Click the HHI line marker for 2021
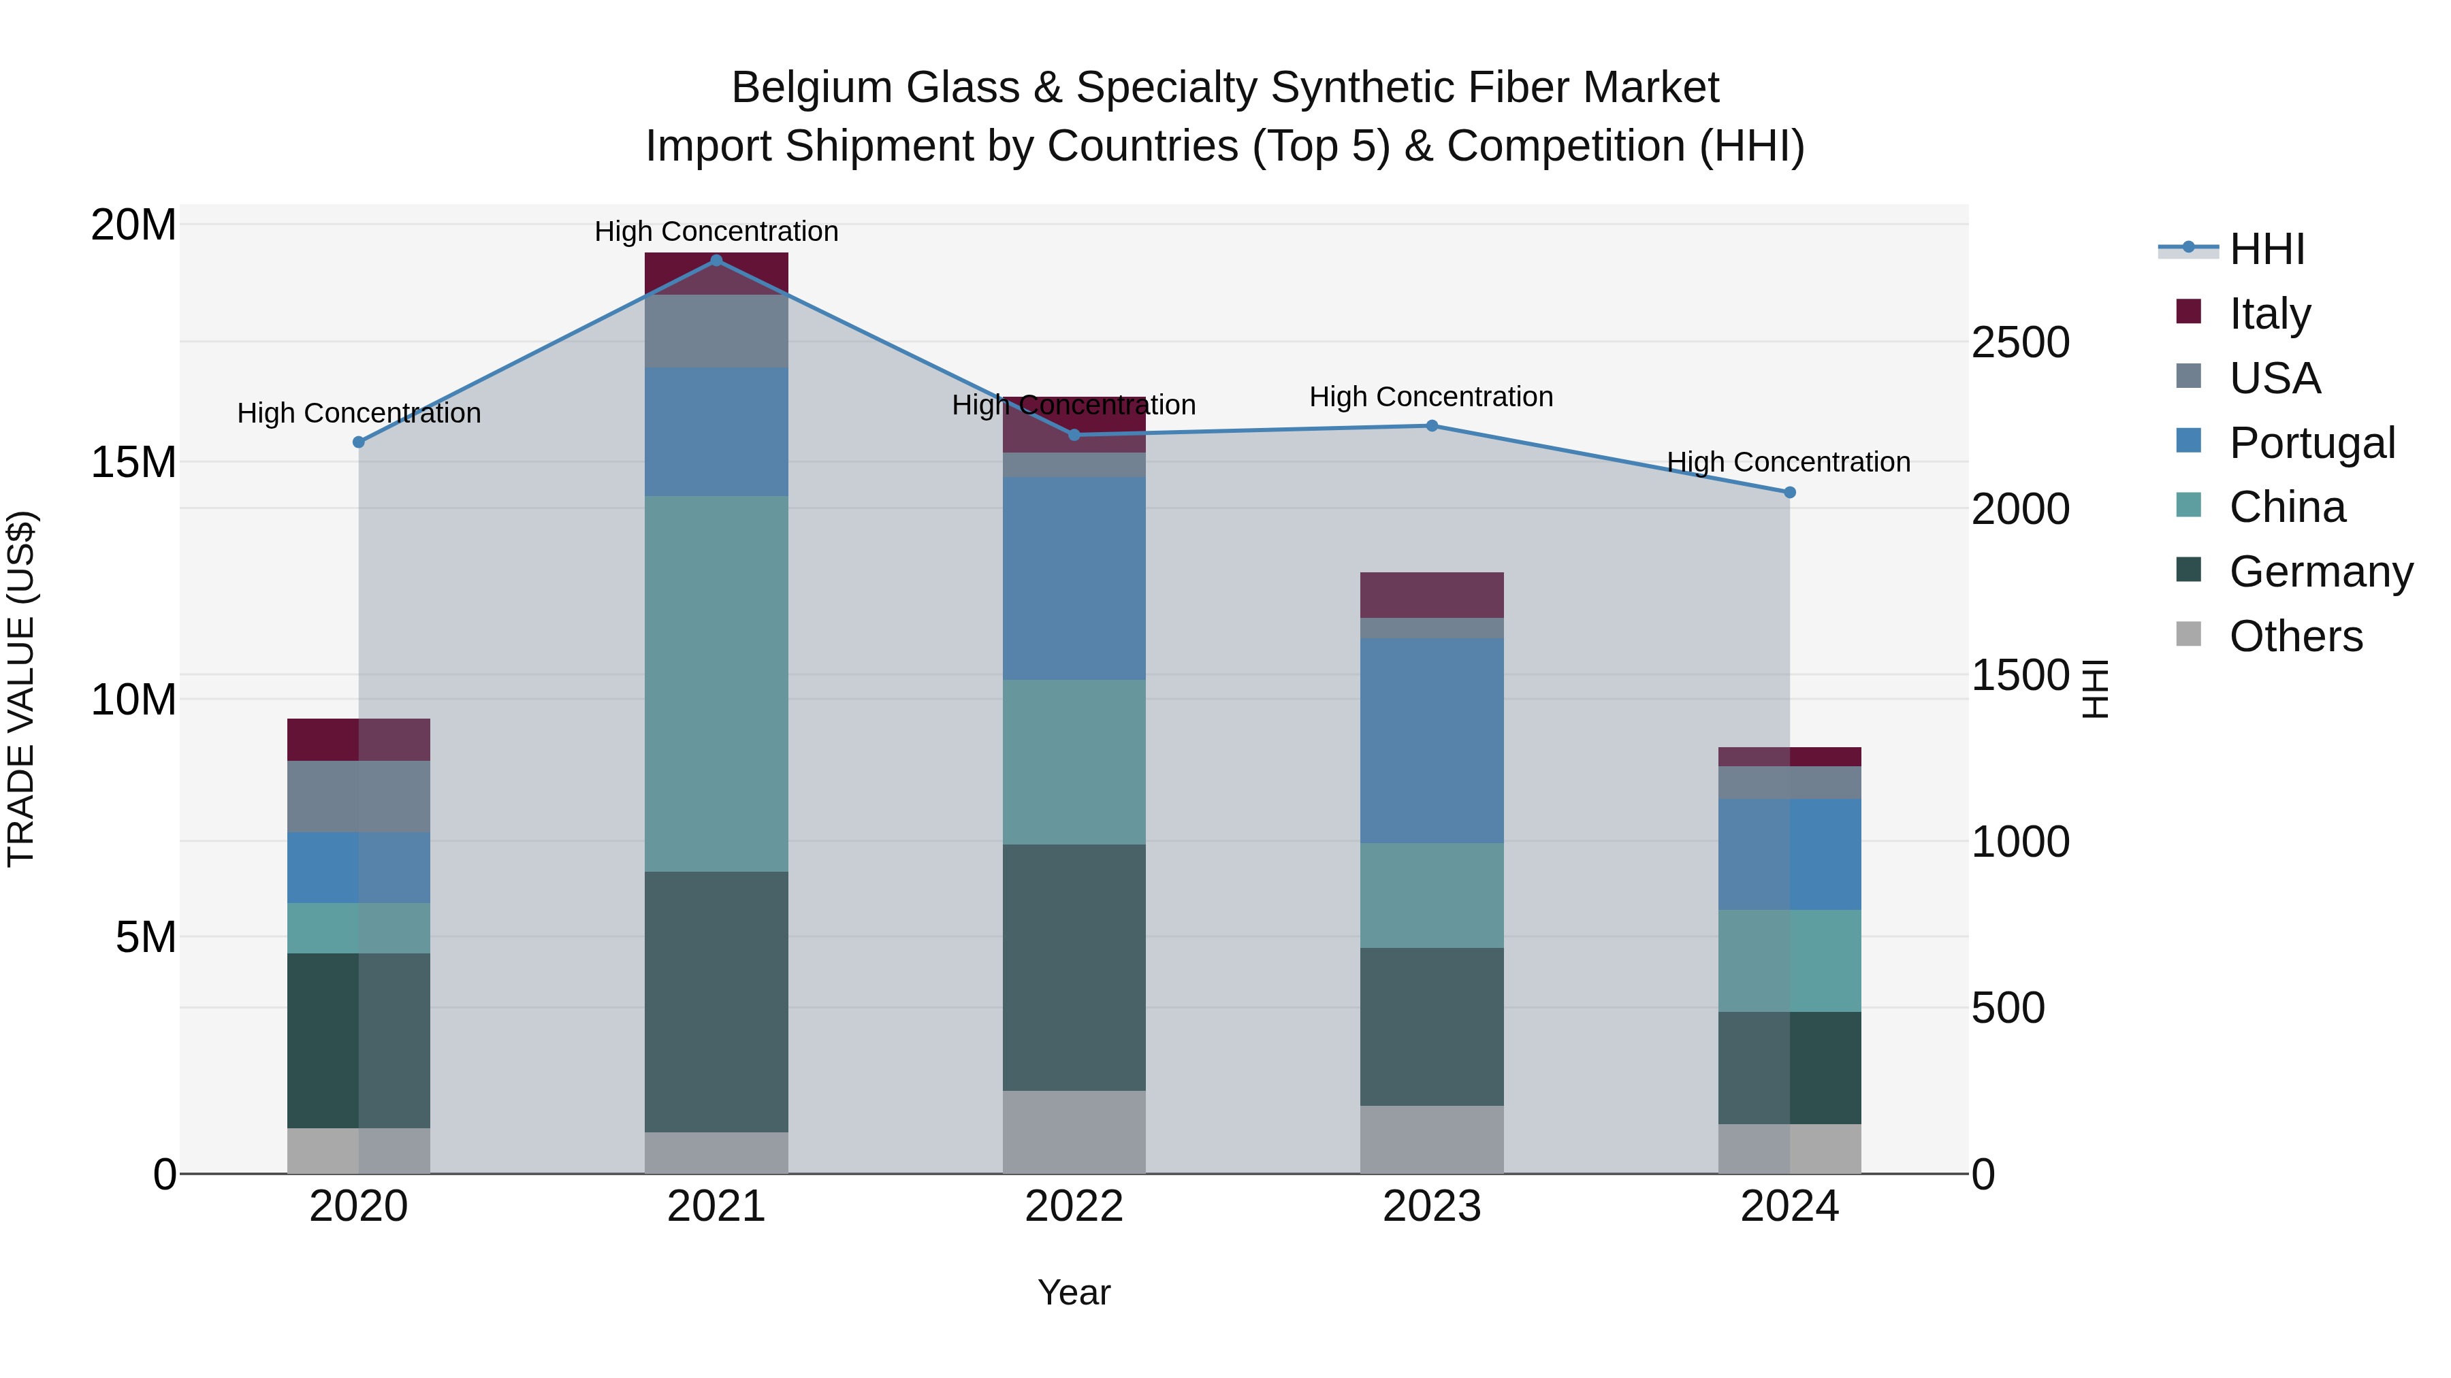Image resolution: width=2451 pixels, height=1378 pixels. [x=716, y=261]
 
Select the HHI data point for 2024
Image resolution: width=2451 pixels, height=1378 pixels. [x=1790, y=493]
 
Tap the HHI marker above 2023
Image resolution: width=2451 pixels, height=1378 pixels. [x=1432, y=426]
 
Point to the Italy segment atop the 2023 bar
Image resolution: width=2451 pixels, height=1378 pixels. [x=1432, y=595]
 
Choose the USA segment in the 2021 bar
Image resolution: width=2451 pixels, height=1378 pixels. [x=716, y=331]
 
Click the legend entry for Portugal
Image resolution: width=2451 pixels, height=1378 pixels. [x=2312, y=443]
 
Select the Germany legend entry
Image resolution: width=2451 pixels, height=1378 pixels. [x=2321, y=572]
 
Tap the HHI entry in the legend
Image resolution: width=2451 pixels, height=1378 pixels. [x=2266, y=249]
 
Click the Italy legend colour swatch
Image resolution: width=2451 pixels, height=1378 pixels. [x=2188, y=312]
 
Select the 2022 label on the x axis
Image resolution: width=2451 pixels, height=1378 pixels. [x=1074, y=1207]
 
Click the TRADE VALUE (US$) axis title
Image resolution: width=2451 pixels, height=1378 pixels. [x=21, y=689]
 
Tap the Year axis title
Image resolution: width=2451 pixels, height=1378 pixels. [x=1074, y=1292]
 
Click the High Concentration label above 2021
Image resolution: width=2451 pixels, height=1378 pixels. [x=716, y=231]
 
